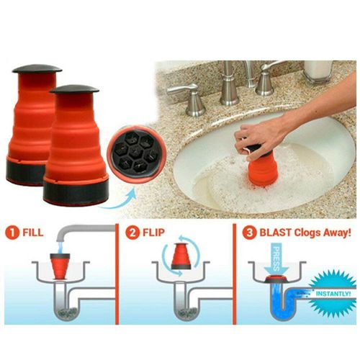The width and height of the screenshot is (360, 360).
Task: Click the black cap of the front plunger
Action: point(73,89)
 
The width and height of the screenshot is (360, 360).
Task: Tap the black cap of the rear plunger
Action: point(37,70)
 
